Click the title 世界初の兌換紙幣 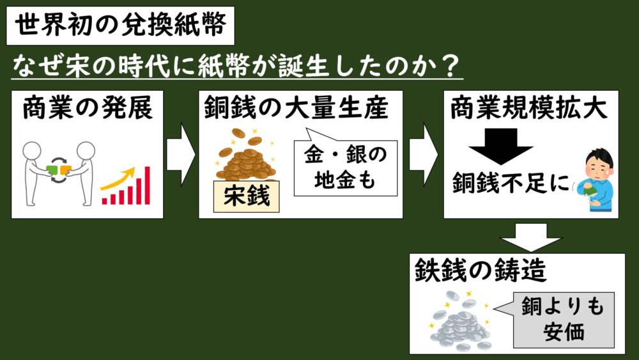tap(120, 26)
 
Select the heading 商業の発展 tap(88, 108)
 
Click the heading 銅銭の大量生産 tap(296, 108)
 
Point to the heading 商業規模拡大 tap(528, 108)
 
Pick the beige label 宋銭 tap(247, 196)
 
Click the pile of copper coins tap(246, 156)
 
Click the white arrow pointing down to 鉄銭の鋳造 tap(530, 237)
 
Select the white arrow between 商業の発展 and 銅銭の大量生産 tap(181, 155)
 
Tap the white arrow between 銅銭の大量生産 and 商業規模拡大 tap(424, 155)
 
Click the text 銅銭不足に tap(511, 182)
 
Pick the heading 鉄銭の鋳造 tap(480, 270)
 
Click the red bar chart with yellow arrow tap(125, 185)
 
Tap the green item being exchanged tap(52, 169)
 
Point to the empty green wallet tap(589, 191)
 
